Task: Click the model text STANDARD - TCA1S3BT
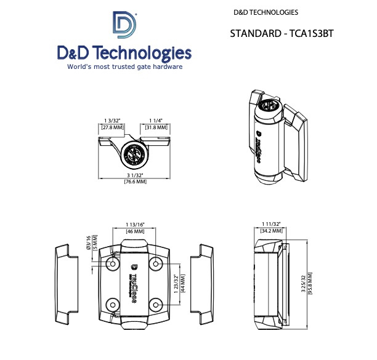[282, 33]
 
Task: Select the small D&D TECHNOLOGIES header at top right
[266, 12]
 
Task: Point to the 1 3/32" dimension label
[112, 120]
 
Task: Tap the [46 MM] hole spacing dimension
[134, 231]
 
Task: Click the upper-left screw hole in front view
[113, 263]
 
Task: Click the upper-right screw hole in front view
[156, 263]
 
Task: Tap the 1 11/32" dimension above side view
[271, 224]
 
